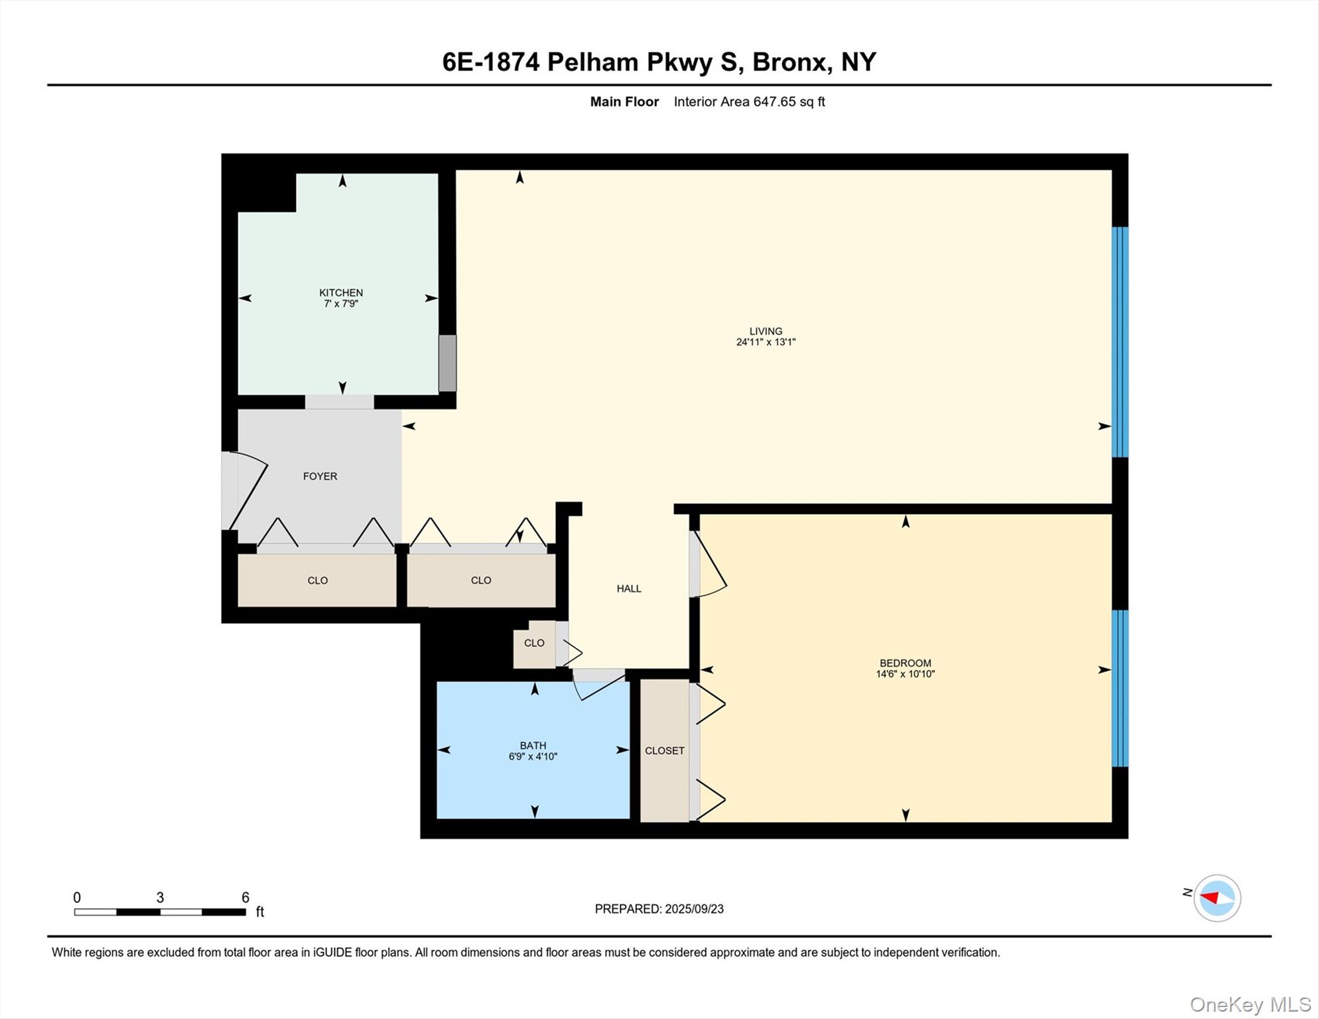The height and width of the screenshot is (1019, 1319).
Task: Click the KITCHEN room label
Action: click(x=340, y=293)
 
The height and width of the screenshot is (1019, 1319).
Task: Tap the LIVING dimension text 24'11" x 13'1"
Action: click(x=765, y=342)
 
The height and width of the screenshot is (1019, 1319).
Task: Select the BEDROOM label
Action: click(x=905, y=663)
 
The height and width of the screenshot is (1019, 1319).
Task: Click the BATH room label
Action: click(x=533, y=745)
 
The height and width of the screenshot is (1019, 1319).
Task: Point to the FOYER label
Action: click(x=320, y=476)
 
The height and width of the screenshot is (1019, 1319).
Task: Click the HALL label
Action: click(x=628, y=588)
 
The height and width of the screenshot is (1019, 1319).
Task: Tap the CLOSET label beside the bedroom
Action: click(x=664, y=750)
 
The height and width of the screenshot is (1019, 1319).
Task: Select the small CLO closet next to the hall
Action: click(x=534, y=643)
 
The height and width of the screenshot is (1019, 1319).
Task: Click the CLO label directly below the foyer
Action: click(x=317, y=580)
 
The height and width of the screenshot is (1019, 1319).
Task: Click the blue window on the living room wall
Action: click(x=1119, y=342)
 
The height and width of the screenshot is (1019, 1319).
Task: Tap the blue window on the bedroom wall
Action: click(x=1119, y=688)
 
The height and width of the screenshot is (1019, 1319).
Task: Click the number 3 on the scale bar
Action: click(x=160, y=898)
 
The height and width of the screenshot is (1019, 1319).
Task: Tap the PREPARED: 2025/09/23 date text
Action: click(x=659, y=909)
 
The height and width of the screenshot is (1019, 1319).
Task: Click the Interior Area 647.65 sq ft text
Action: click(x=749, y=102)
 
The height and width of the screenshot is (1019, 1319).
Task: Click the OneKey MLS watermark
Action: click(x=1249, y=1004)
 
